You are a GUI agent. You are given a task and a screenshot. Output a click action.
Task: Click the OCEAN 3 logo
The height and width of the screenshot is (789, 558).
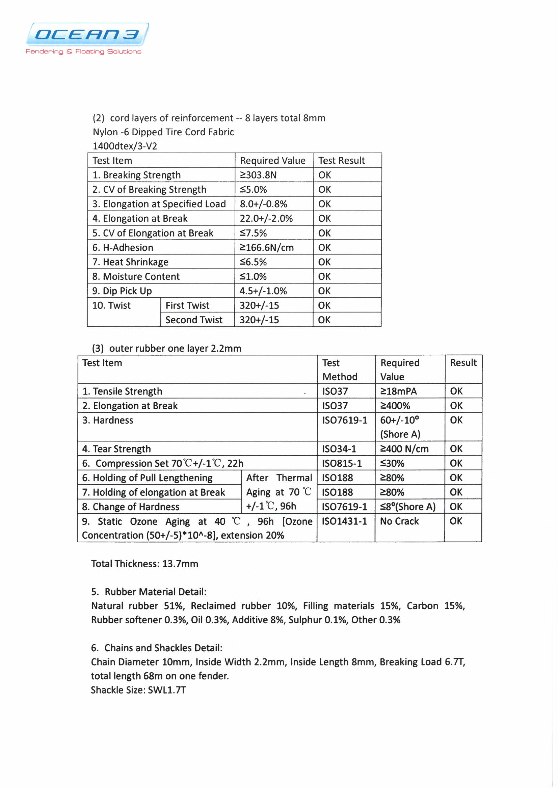pos(87,34)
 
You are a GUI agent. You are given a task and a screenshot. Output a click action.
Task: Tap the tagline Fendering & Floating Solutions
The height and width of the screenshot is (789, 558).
pos(83,52)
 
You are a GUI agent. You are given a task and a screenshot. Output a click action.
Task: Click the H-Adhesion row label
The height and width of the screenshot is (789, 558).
pos(123,247)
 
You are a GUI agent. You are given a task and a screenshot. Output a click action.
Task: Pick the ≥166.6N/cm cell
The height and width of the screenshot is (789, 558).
pos(267,247)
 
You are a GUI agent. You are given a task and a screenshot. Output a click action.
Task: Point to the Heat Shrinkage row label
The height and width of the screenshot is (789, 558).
pos(130,262)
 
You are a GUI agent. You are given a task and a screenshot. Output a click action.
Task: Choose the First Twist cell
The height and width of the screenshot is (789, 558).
pos(187,305)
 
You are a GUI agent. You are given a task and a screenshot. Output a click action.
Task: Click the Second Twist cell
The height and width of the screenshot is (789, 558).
pos(194,320)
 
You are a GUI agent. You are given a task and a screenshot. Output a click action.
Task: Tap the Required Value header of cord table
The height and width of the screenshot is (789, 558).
pos(273,161)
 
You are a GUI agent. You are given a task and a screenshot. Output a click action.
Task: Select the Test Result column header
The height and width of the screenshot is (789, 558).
pos(341,161)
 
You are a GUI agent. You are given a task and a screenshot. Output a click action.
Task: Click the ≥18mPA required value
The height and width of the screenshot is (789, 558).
pos(398,391)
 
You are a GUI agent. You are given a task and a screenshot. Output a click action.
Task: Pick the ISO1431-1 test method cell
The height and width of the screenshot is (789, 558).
pos(345,521)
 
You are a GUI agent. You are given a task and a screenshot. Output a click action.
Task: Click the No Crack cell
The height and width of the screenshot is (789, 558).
pos(399,521)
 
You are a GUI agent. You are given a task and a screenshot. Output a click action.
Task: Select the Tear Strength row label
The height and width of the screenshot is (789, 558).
pos(116,449)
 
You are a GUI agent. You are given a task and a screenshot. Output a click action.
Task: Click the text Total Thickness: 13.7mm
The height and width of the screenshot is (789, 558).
pos(145,564)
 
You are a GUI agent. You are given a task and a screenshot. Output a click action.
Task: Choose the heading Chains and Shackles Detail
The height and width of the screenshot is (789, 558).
pos(157,648)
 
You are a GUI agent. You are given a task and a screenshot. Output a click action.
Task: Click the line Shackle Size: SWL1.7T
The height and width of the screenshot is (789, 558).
pos(138,690)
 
